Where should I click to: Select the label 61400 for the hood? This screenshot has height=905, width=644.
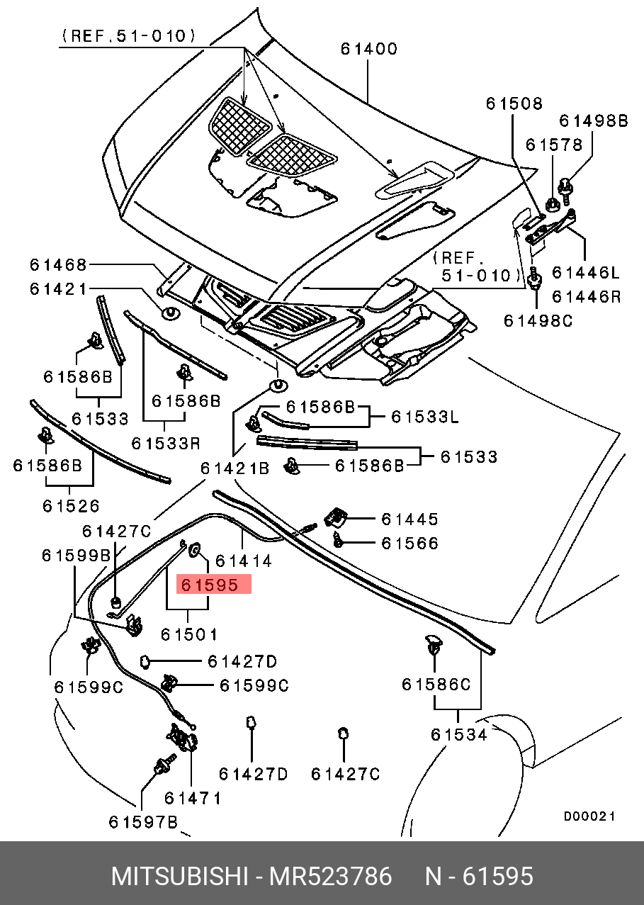pos(368,50)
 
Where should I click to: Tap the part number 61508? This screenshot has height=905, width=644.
pos(514,104)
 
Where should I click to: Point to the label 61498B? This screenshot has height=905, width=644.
pos(594,121)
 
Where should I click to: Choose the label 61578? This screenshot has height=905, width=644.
pos(554,145)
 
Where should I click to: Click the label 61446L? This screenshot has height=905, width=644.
pos(586,272)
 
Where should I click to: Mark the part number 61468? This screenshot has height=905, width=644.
pos(58,265)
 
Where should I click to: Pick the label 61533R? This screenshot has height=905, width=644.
pos(166,444)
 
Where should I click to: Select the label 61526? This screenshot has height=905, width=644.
pos(70,506)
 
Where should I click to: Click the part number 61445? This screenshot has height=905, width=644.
pos(409,519)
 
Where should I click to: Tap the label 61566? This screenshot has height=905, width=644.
pos(409,544)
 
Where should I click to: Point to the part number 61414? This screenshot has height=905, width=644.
pos(243,561)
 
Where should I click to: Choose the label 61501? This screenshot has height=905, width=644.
pos(188,634)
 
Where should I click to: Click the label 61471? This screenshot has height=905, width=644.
pos(193,798)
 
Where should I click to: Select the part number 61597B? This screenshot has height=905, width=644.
pos(144,821)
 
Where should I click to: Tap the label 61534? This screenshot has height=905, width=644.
pos(459,735)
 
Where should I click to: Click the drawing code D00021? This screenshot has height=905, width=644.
pos(589,816)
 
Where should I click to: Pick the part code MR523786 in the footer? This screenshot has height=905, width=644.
pos(329,877)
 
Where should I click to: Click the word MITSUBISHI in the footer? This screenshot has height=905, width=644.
pos(178,877)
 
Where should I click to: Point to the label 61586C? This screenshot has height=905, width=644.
pos(436,685)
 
